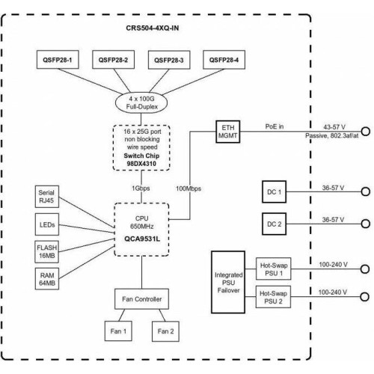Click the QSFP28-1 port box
58,60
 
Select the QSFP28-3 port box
169,60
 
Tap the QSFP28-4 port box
224,60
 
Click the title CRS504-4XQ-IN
153,28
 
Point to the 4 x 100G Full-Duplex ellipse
141,102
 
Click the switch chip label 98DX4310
141,164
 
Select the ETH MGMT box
228,132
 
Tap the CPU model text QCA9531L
142,239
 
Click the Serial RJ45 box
47,197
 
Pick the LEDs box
47,224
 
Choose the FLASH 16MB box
47,251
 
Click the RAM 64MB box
47,279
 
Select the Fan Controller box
141,299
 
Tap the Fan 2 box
165,331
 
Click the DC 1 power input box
274,191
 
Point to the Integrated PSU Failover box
228,282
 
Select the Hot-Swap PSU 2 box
273,297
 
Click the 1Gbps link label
141,188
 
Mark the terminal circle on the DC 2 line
366,224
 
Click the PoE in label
275,126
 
